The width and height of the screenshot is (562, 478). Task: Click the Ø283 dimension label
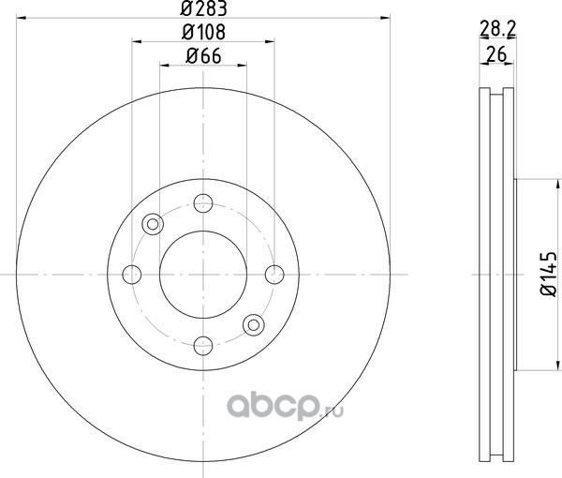tap(203, 8)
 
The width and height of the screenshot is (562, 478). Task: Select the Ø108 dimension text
tap(203, 32)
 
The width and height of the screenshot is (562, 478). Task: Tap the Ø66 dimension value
tap(203, 56)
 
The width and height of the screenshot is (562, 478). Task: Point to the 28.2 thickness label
tap(497, 29)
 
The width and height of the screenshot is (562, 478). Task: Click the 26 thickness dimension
tap(496, 54)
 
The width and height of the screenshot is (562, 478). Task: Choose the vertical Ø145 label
tap(548, 275)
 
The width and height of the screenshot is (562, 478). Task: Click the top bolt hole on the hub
tap(203, 203)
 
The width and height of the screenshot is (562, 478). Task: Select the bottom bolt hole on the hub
tap(203, 346)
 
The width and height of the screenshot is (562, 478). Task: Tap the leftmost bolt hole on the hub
tap(132, 275)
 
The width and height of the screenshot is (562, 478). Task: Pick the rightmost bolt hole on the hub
tap(274, 275)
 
